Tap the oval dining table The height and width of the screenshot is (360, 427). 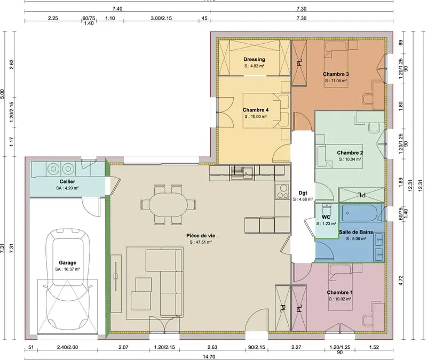(x=168, y=205)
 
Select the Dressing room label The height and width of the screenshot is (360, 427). (x=254, y=59)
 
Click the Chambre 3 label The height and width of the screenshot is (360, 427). (x=336, y=74)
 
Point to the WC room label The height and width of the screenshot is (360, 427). (x=326, y=217)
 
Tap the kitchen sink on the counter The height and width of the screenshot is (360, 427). (x=242, y=172)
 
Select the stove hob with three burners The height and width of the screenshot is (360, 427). (x=282, y=191)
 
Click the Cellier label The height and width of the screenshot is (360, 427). (x=67, y=181)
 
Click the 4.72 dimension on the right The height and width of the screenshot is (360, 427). (x=400, y=281)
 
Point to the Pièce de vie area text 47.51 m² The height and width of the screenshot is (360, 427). (x=201, y=242)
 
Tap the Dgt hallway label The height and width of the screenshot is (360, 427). (x=303, y=193)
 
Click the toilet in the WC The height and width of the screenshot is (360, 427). (x=326, y=209)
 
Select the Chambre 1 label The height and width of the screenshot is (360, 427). (x=340, y=292)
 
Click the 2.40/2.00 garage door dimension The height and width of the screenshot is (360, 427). (x=67, y=347)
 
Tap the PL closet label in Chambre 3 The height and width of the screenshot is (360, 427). (x=299, y=63)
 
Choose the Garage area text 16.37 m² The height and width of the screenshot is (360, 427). (x=68, y=269)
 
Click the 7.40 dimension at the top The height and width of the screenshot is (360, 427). (x=117, y=9)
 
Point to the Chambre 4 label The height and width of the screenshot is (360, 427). (x=256, y=110)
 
